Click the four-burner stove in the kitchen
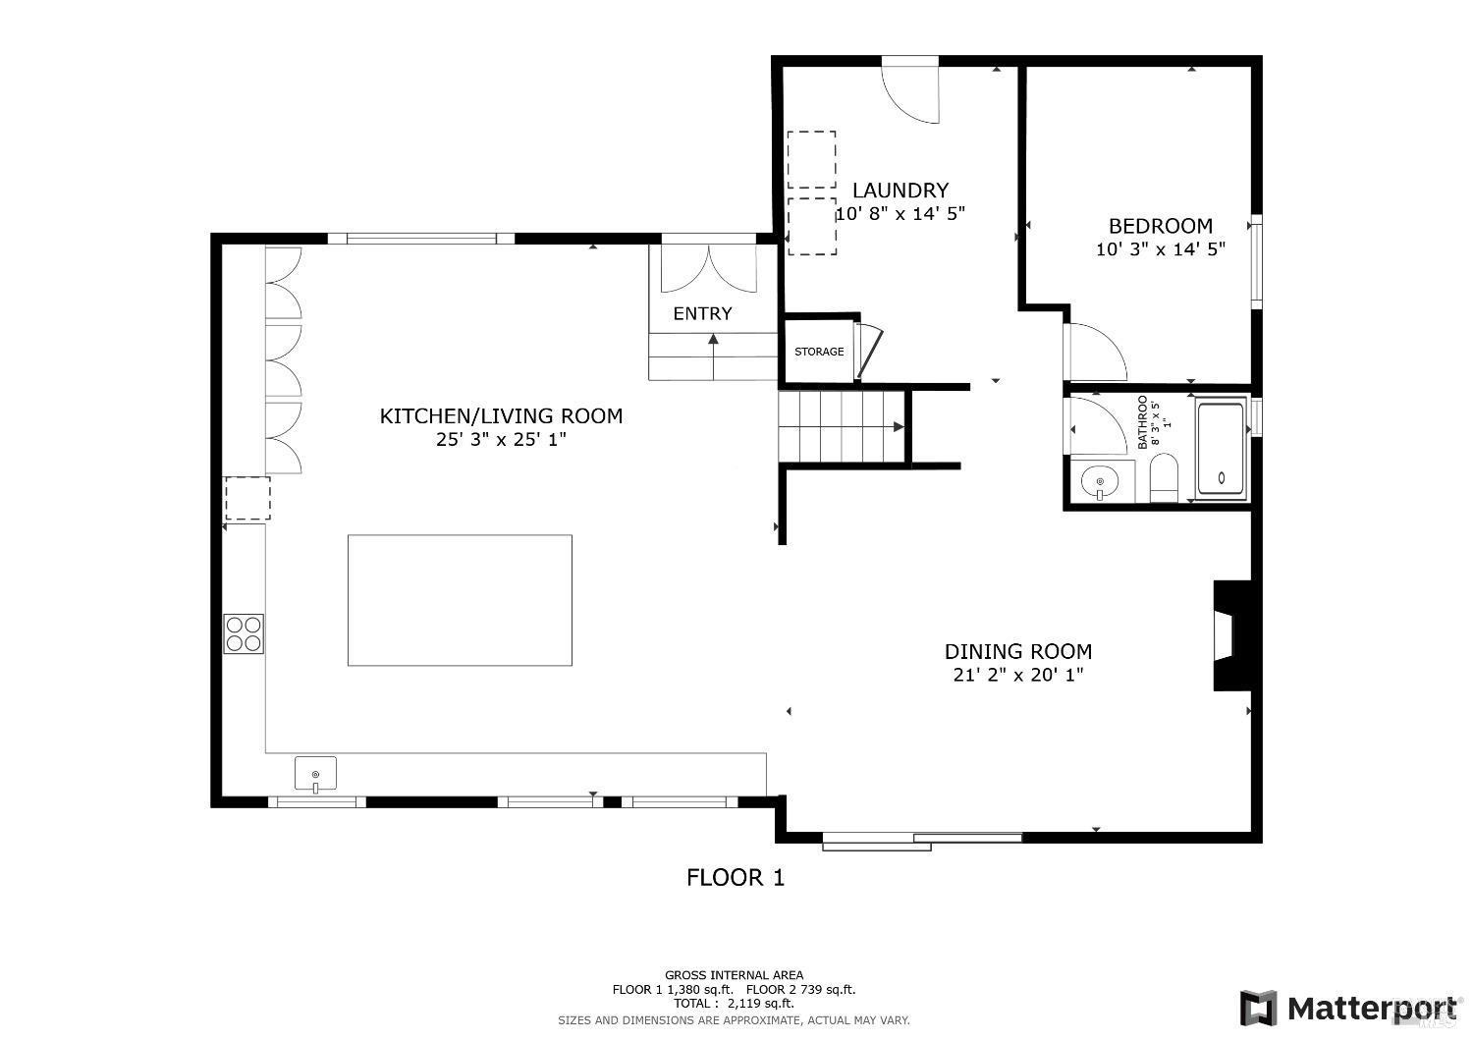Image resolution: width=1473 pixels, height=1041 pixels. [244, 633]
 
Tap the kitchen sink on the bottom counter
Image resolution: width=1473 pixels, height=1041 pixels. [315, 774]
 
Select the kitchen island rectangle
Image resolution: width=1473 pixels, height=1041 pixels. [460, 600]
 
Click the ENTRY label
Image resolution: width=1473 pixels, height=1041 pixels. [702, 314]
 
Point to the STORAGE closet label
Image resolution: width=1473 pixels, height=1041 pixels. [818, 352]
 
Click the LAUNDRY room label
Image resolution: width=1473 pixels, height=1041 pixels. [900, 191]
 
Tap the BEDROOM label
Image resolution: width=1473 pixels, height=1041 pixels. [1160, 226]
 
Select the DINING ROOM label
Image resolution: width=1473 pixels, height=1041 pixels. [1017, 651]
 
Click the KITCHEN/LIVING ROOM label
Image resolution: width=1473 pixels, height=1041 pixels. [501, 416]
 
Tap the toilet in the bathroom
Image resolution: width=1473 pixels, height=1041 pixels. [1163, 478]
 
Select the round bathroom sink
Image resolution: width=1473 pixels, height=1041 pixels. [1099, 481]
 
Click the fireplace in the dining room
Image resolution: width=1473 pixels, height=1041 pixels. [1230, 636]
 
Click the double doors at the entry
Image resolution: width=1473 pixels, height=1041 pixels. [708, 267]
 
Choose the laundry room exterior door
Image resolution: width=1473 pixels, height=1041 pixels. [911, 90]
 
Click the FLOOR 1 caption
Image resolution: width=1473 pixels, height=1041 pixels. [736, 878]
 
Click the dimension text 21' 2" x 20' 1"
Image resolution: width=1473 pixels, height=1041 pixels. [1017, 675]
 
